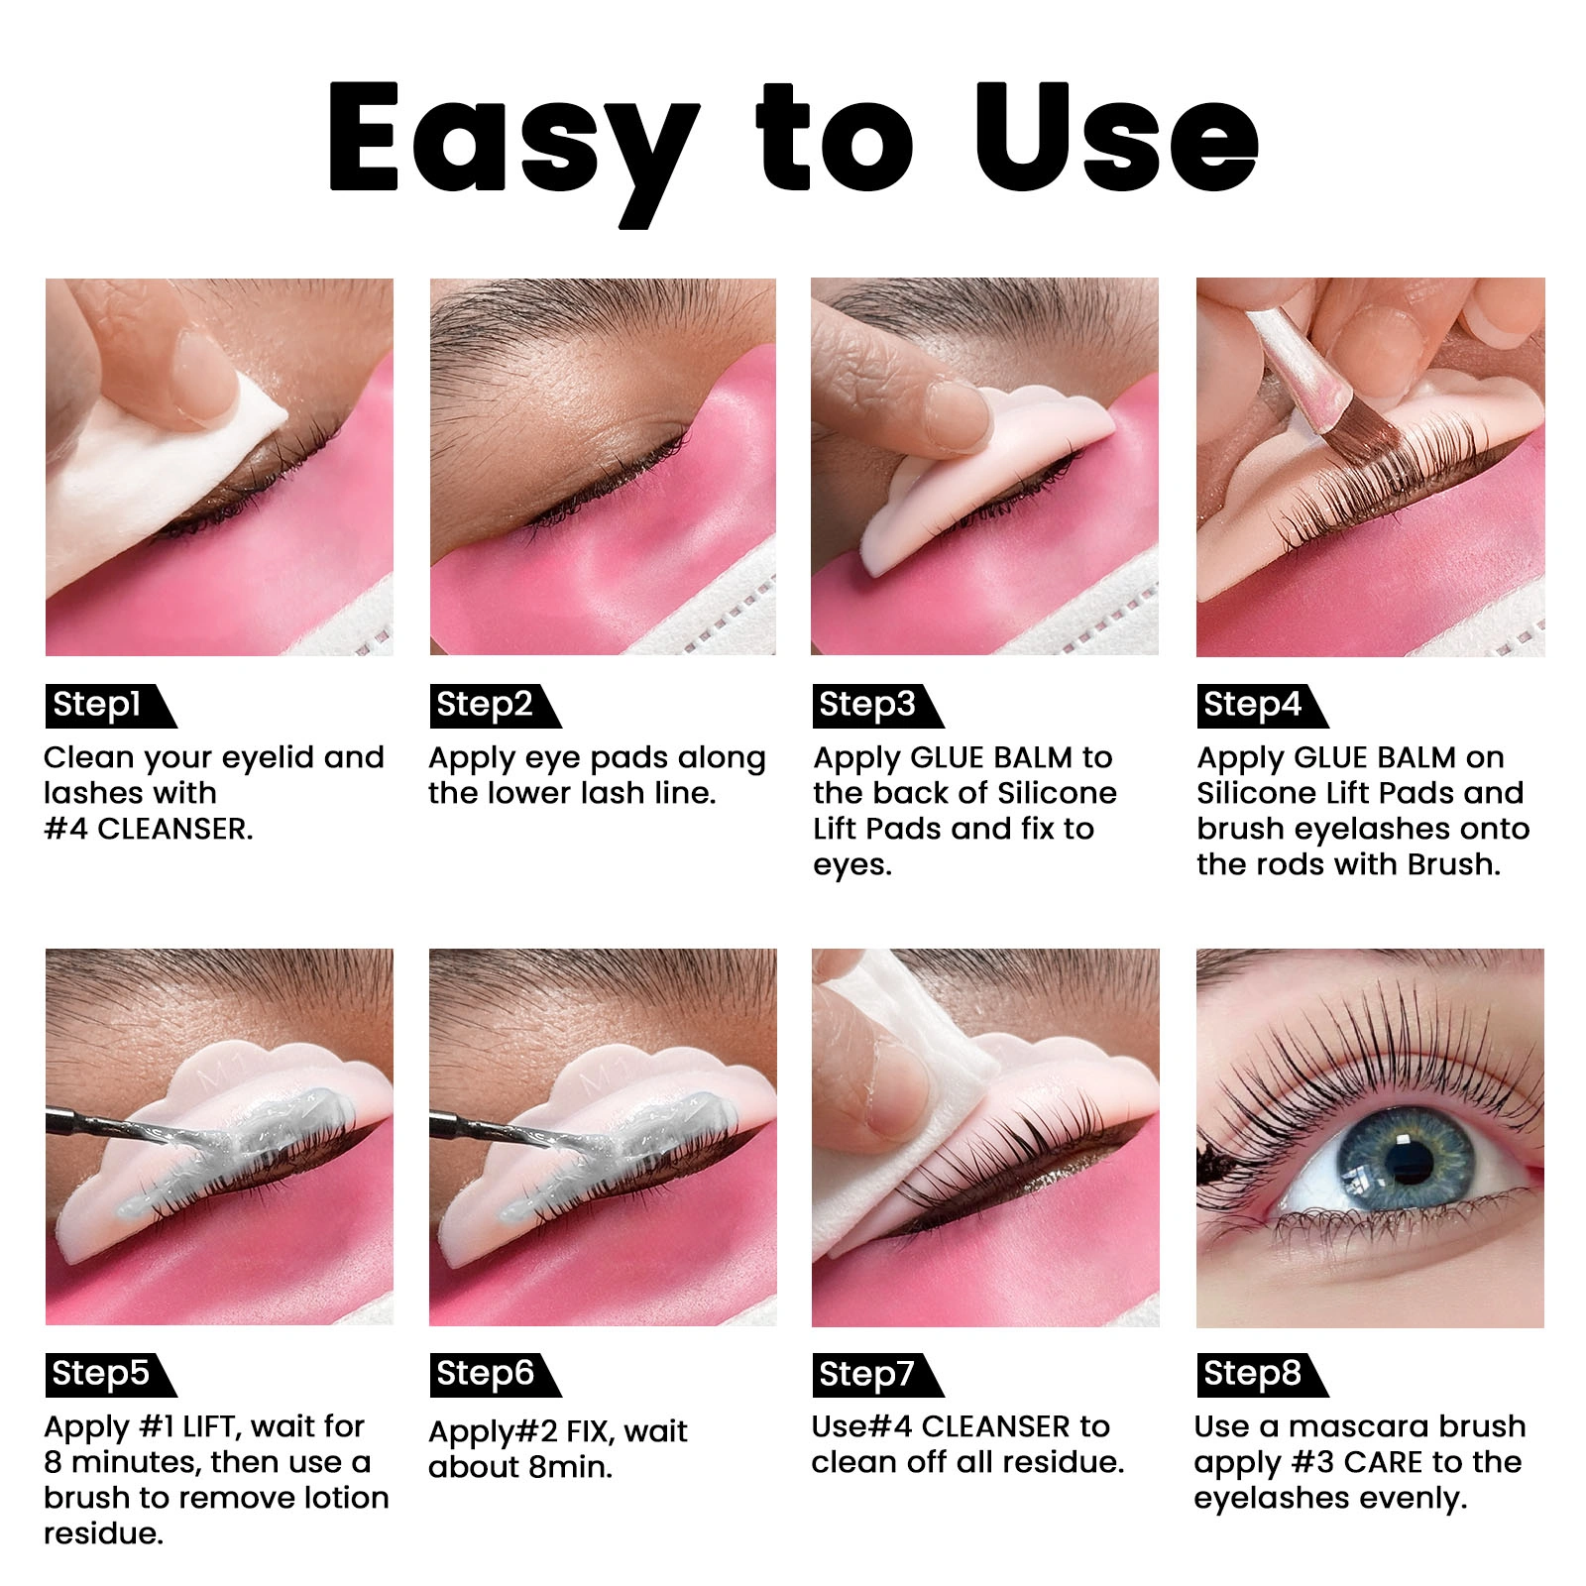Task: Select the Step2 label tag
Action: (495, 706)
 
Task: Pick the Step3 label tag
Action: (877, 706)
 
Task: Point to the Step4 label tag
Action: (1262, 706)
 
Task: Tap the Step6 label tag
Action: (495, 1375)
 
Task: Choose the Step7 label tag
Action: (877, 1375)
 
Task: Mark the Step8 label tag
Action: (1262, 1375)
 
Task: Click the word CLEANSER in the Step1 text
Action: (174, 829)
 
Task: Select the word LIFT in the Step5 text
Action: (208, 1426)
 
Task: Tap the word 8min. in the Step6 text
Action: (570, 1467)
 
